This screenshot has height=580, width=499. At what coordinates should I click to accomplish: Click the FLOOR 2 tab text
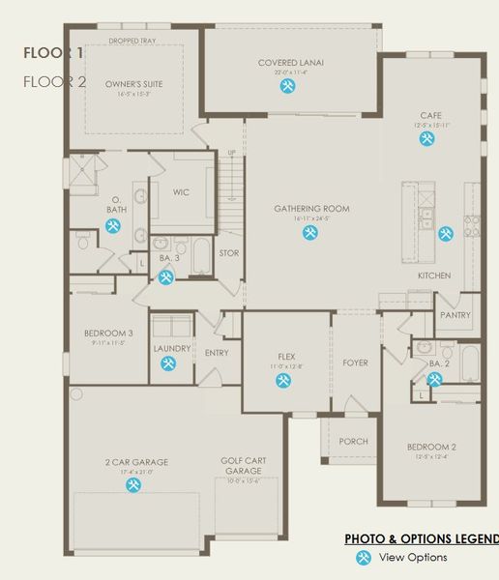click(x=54, y=81)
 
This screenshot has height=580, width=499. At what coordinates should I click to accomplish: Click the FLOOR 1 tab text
click(x=54, y=52)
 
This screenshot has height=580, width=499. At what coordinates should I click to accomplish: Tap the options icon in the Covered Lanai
click(x=288, y=86)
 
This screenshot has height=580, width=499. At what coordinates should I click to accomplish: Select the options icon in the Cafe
click(x=426, y=138)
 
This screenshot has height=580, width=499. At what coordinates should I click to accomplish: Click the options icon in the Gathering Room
click(x=310, y=232)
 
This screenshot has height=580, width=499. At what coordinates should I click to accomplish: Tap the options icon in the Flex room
click(x=283, y=380)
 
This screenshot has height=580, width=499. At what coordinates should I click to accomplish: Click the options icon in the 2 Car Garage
click(x=132, y=485)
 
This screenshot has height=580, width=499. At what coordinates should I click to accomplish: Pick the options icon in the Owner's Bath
click(x=113, y=225)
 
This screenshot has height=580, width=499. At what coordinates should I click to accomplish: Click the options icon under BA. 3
click(x=165, y=277)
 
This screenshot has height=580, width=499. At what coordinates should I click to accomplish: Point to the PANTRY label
click(x=455, y=315)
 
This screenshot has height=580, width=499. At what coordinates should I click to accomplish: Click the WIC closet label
click(x=181, y=192)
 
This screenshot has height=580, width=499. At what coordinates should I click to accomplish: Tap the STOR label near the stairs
click(x=228, y=253)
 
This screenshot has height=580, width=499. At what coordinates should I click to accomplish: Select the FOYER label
click(x=355, y=362)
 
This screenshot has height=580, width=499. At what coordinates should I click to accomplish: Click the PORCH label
click(x=353, y=441)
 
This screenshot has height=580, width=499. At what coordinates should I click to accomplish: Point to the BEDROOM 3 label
click(x=107, y=333)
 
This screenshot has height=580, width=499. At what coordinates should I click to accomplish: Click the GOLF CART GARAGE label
click(x=245, y=466)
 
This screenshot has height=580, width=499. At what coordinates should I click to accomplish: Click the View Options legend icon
click(x=363, y=557)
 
